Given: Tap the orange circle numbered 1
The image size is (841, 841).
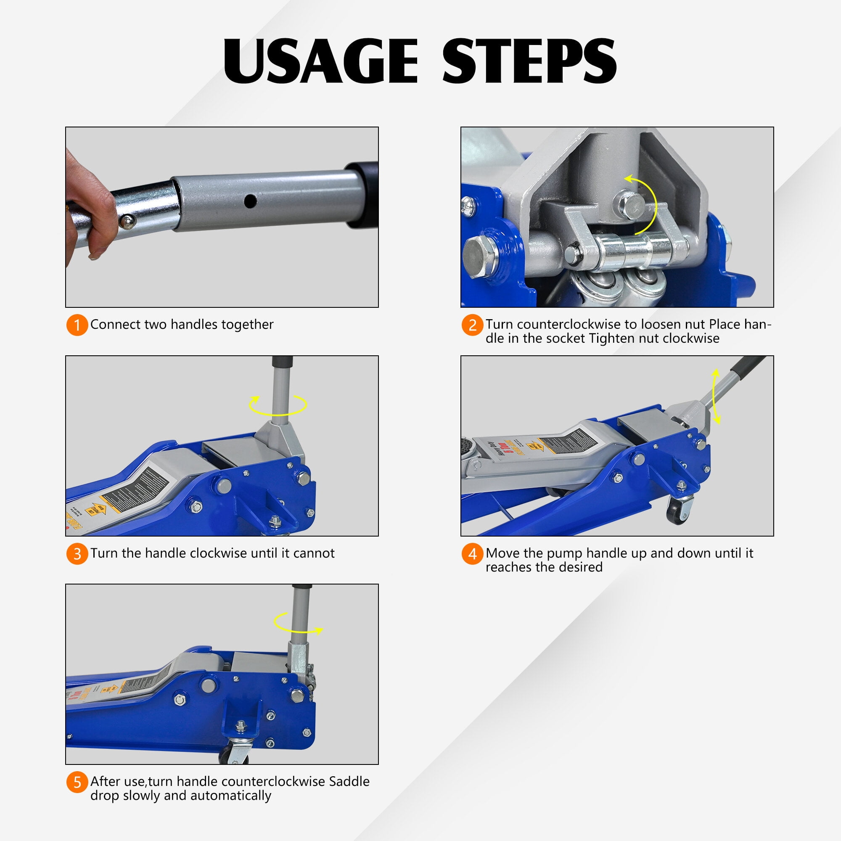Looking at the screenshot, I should (x=77, y=325).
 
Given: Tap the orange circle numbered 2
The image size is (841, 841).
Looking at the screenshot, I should (x=472, y=325).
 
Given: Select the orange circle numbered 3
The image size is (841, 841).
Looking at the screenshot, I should (x=77, y=554).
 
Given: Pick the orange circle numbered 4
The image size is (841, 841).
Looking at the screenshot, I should (x=472, y=554).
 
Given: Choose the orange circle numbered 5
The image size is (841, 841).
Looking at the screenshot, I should (x=77, y=782).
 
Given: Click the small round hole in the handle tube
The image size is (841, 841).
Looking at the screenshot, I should (x=250, y=201).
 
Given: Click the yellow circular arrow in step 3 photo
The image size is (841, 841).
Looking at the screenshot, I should (x=278, y=405).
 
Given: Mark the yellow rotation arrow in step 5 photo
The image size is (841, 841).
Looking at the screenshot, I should (x=298, y=624).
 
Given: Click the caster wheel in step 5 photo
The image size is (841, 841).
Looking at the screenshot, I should (x=234, y=756).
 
